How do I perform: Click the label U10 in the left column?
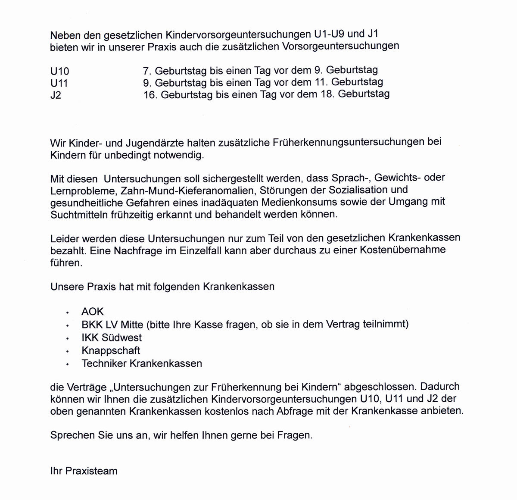59,71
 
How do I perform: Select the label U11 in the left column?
59,83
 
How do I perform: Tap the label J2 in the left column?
56,95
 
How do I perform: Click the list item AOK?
93,312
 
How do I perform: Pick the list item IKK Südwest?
112,337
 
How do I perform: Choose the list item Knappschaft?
111,350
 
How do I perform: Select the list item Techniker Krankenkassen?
142,363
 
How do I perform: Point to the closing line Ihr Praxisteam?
84,471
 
